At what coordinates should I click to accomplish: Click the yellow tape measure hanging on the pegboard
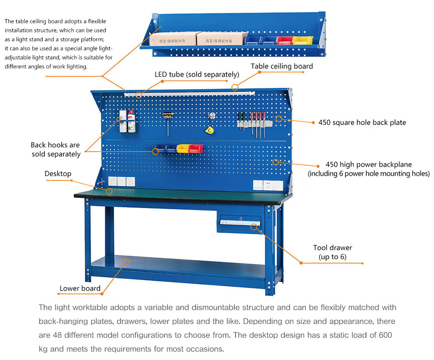[209, 129]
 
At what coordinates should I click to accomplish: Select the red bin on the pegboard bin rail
[196, 149]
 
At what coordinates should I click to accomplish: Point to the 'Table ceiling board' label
[282, 66]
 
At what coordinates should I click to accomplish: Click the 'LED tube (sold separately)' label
[197, 74]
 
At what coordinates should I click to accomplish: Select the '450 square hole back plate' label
[362, 122]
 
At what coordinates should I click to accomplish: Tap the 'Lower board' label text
[80, 288]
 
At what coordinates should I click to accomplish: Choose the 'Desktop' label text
[58, 173]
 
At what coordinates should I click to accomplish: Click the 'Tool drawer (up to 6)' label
[332, 252]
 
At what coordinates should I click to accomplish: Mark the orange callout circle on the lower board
[126, 262]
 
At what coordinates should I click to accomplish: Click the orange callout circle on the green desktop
[109, 191]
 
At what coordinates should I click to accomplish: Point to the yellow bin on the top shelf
[302, 40]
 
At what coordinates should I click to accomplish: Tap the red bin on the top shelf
[285, 40]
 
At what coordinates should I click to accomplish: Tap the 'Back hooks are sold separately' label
[56, 149]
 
